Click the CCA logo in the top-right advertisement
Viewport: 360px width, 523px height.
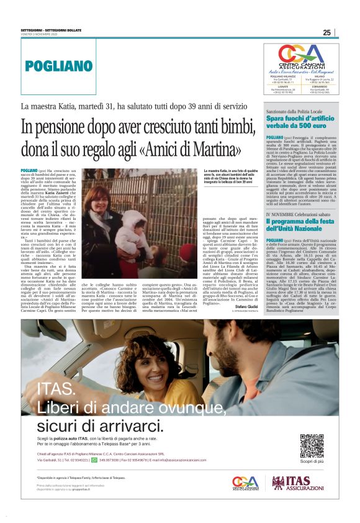tap(301, 55)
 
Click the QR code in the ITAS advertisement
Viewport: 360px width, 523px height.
tap(312, 445)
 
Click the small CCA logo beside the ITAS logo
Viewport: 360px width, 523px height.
tap(244, 483)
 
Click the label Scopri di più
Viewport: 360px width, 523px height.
tap(312, 462)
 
